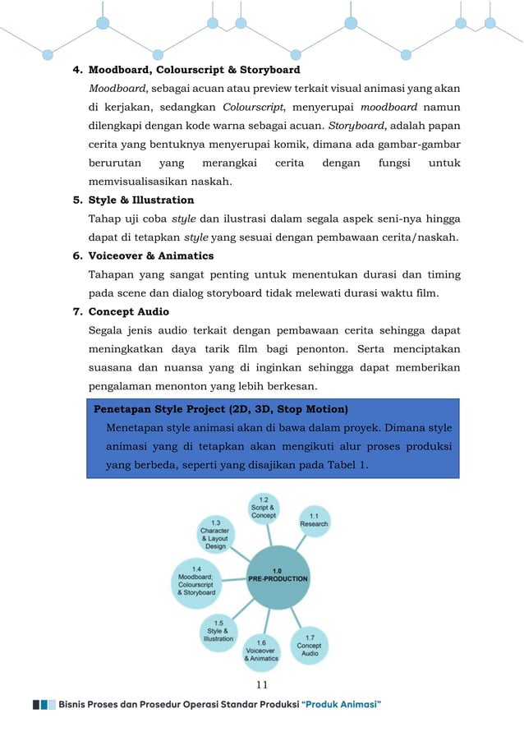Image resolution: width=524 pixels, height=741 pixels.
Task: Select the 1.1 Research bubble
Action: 314,519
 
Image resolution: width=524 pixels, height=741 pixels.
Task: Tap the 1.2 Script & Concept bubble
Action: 263,509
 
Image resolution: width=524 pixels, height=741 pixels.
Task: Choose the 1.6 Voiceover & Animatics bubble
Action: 260,650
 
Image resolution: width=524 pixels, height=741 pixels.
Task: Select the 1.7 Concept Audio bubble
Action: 310,643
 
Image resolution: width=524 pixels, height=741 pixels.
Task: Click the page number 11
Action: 262,685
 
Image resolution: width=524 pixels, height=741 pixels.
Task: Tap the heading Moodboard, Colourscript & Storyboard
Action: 194,70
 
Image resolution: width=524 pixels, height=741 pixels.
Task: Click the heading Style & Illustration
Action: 141,200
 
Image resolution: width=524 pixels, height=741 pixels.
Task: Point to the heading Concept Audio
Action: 129,312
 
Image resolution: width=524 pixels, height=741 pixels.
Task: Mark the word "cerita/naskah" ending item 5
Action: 419,237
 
